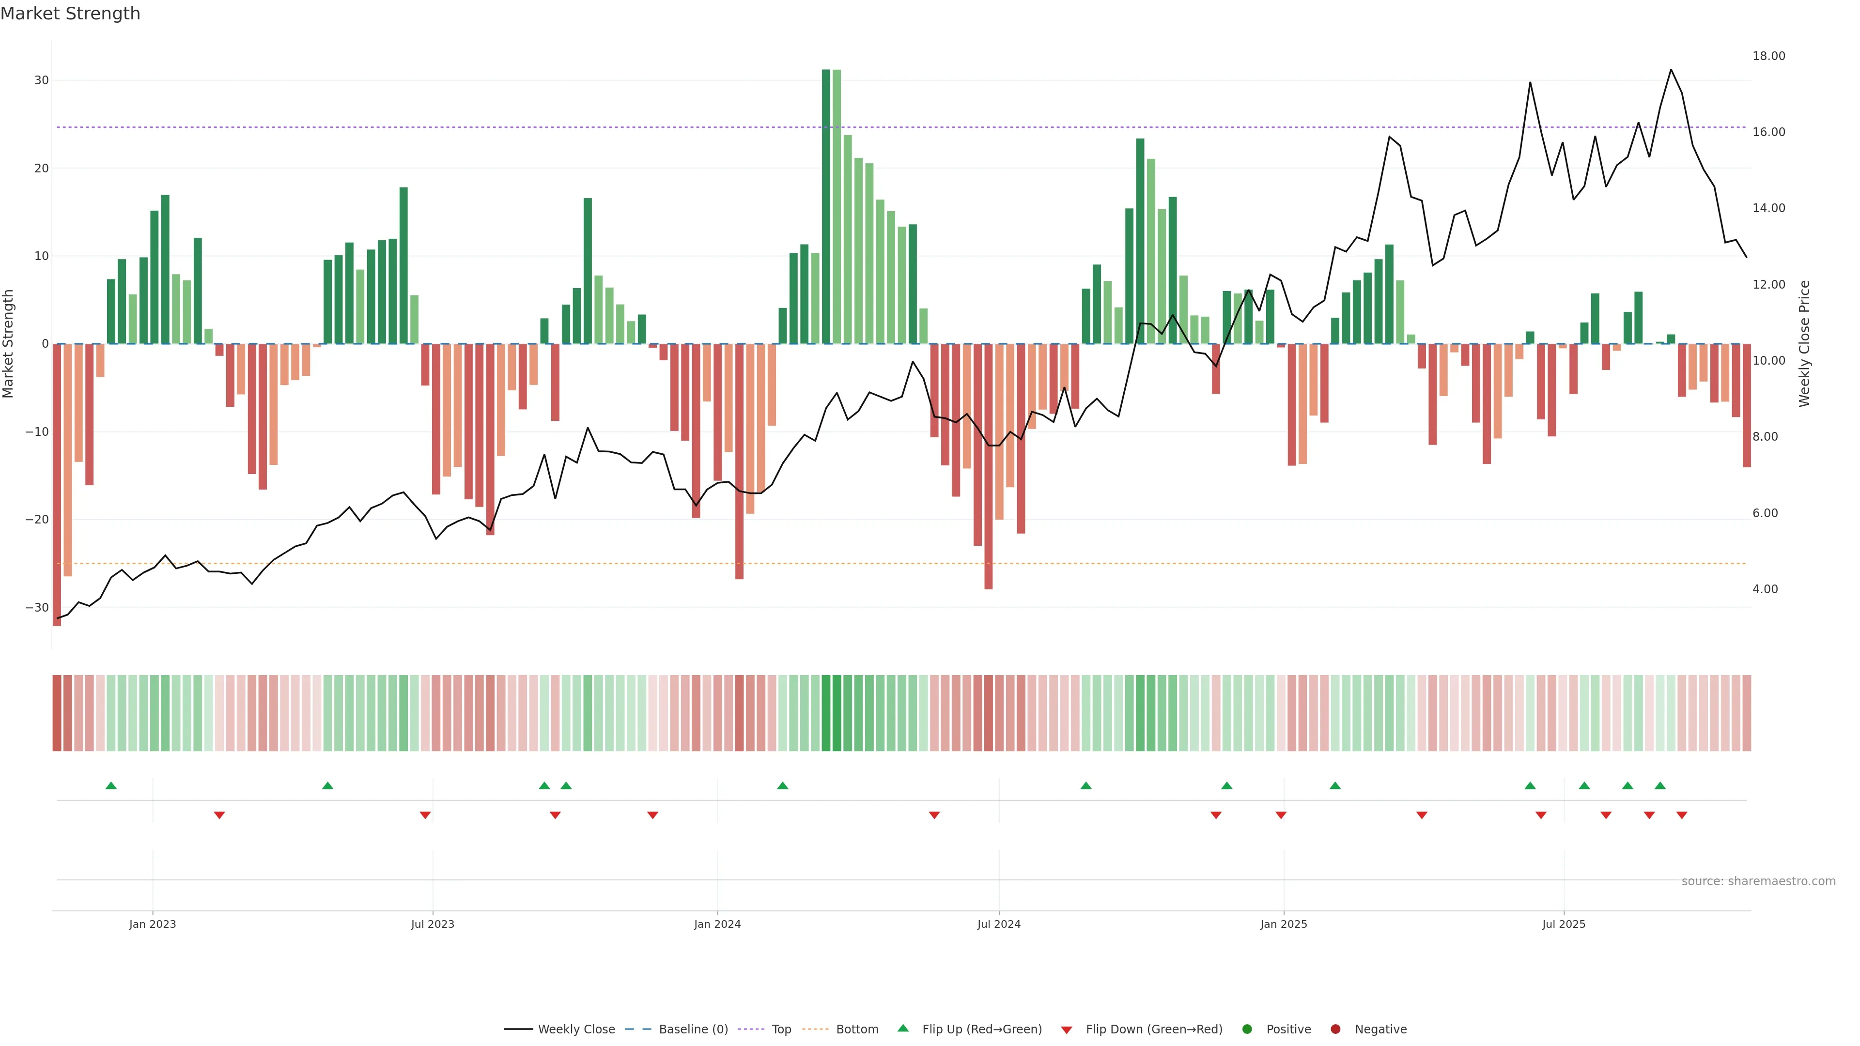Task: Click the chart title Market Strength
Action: tap(70, 14)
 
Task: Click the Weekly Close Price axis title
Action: tap(1804, 344)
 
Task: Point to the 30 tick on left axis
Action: tap(41, 80)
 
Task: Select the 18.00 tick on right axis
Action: tap(1768, 56)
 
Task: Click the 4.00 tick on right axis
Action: tap(1765, 589)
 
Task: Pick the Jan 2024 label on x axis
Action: tap(717, 924)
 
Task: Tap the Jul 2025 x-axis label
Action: tap(1563, 924)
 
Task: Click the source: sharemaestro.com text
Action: tap(1758, 881)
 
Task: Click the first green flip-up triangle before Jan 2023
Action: tap(111, 785)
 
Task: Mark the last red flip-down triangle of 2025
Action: tap(1682, 815)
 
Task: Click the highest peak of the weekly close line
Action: tap(1671, 70)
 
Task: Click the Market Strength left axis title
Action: tap(9, 344)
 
